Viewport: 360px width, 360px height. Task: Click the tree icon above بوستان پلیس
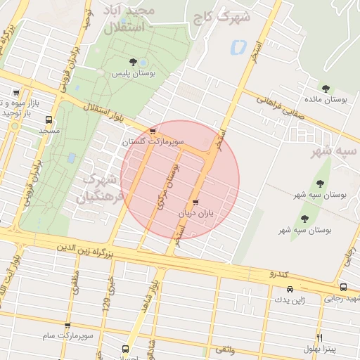133,63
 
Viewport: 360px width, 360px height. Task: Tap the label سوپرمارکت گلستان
153,141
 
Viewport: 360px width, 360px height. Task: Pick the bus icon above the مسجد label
49,119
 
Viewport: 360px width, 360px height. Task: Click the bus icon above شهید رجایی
343,287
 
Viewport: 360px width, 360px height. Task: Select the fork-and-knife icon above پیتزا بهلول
320,337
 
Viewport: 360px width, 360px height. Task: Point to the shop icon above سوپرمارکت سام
67,326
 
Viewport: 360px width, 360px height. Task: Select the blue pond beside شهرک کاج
237,48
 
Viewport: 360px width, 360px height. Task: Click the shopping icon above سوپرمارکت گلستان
153,131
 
